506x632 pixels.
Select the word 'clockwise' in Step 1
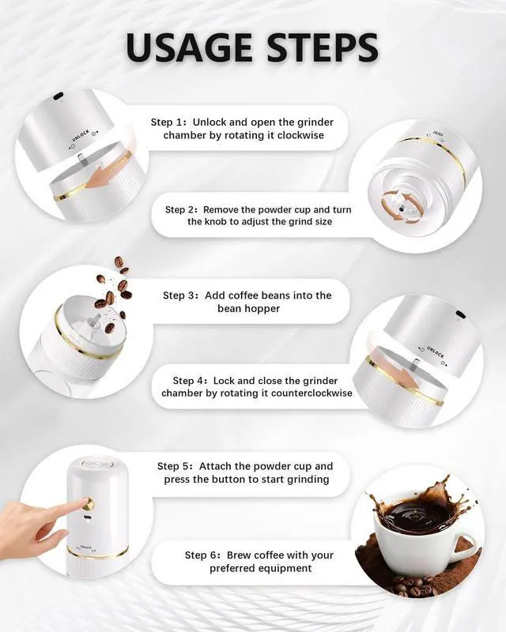click(x=300, y=135)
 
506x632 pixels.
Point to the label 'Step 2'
click(x=182, y=209)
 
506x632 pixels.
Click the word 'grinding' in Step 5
click(x=310, y=480)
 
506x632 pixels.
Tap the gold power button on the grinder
click(x=89, y=503)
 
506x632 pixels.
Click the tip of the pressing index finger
click(x=85, y=501)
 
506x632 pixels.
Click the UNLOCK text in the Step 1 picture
click(x=81, y=135)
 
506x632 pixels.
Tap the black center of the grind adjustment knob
click(x=402, y=209)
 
